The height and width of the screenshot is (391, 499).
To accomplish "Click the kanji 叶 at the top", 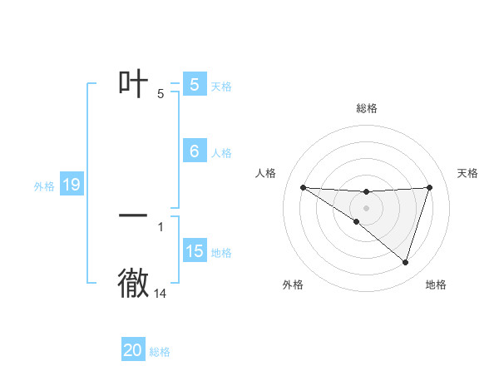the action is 134,83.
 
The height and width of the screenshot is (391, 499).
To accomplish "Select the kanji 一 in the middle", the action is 134,215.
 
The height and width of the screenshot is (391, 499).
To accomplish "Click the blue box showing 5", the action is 195,85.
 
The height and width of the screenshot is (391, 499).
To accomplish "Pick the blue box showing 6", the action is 195,151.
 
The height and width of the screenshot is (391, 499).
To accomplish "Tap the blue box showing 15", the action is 195,251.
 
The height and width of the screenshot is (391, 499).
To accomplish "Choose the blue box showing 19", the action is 72,185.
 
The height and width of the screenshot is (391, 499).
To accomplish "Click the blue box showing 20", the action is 133,350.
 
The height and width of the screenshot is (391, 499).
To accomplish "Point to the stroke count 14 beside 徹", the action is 161,294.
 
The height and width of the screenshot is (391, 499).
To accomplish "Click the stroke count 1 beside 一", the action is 161,226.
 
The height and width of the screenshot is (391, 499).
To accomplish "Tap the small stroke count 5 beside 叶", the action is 161,94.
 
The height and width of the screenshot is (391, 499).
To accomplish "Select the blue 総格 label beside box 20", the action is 160,352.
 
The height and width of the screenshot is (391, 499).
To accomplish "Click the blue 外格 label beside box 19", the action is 44,186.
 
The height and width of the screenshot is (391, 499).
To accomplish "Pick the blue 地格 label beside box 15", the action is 221,253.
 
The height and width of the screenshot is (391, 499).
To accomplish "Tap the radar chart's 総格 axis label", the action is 367,108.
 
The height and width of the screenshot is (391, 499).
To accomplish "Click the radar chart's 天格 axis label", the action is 468,173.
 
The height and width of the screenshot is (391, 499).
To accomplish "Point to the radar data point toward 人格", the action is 303,187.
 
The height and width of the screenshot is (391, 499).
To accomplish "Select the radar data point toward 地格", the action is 406,262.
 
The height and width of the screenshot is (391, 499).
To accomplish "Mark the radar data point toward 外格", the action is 357,221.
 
